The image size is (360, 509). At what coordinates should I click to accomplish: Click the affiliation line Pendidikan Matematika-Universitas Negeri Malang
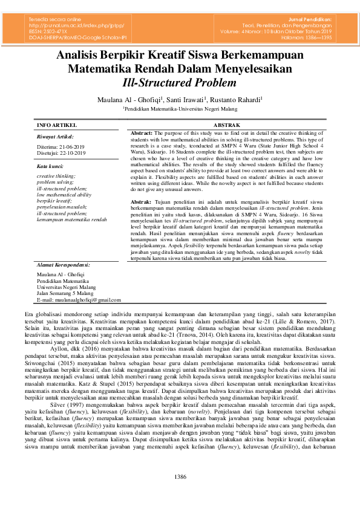pyautogui.click(x=180, y=109)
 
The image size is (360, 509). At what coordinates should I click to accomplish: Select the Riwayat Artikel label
pyautogui.click(x=55, y=137)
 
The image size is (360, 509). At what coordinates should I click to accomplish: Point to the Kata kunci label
pyautogui.click(x=50, y=165)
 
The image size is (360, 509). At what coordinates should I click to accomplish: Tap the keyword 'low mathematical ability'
pyautogui.click(x=64, y=195)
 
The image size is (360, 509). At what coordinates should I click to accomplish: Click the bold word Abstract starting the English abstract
pyautogui.click(x=141, y=132)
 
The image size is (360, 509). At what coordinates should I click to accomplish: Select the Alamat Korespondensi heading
pyautogui.click(x=63, y=264)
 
